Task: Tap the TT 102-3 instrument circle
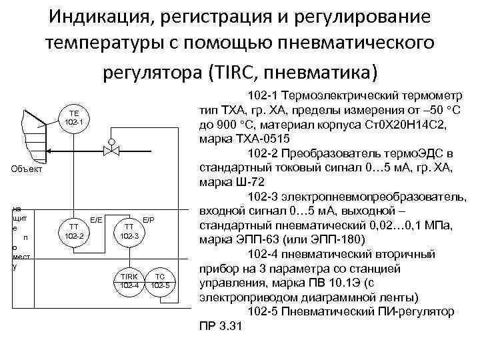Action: point(129,231)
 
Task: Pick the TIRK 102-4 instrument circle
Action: point(129,281)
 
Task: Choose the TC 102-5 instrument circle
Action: point(159,281)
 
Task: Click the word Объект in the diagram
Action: point(26,169)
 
